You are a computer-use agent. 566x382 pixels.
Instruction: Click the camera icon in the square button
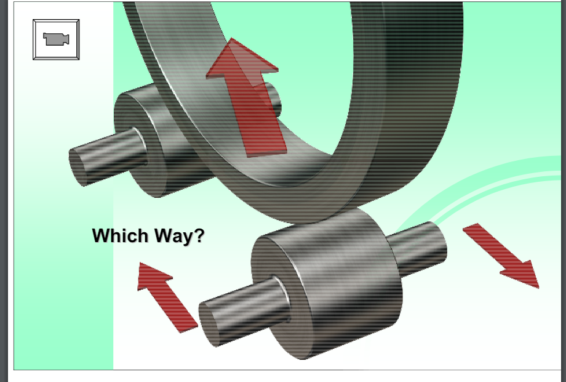click(x=56, y=39)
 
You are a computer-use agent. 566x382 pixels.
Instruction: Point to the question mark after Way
click(x=199, y=235)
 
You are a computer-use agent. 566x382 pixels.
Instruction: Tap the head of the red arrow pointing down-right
click(x=524, y=275)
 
